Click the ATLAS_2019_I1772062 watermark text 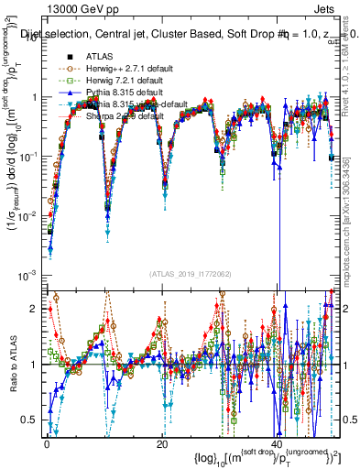pos(190,274)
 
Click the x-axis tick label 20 pos(161,444)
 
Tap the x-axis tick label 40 pos(278,444)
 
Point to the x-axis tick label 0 pos(46,444)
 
